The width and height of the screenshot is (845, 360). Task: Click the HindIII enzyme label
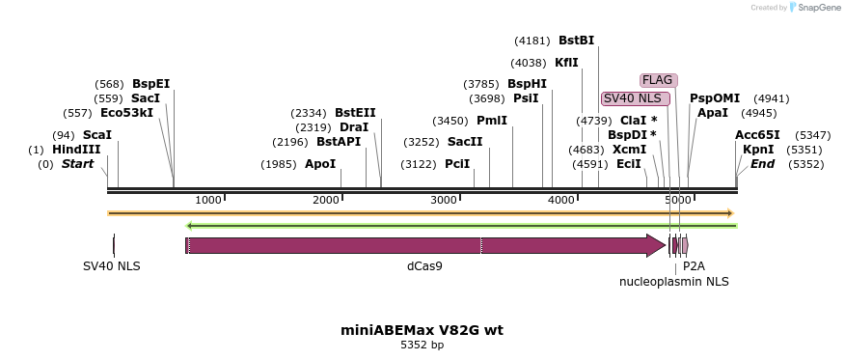(x=76, y=150)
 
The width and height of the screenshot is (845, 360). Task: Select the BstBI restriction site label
(x=576, y=41)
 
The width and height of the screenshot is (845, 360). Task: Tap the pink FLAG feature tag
(x=658, y=80)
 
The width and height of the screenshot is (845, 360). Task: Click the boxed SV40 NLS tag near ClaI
(x=635, y=98)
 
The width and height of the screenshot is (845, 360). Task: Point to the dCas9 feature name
(x=424, y=265)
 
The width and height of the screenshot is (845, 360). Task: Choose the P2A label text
(x=694, y=265)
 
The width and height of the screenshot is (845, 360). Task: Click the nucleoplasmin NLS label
(x=673, y=282)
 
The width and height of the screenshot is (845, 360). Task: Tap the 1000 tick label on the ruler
(x=208, y=200)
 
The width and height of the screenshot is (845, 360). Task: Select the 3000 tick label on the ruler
(x=444, y=200)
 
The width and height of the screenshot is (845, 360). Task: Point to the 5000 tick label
(x=678, y=200)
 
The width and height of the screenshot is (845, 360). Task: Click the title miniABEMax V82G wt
(x=422, y=330)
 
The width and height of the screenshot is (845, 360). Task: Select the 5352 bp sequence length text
(x=422, y=345)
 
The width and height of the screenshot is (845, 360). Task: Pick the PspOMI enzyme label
(x=715, y=98)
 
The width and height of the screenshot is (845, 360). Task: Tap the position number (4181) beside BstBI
(x=531, y=41)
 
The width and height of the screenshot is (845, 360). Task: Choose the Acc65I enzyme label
(x=757, y=135)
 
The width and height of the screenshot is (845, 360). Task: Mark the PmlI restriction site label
(x=491, y=121)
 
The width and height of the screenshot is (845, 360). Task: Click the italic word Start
(x=78, y=164)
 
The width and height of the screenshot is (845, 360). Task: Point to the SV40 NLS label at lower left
(x=112, y=265)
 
